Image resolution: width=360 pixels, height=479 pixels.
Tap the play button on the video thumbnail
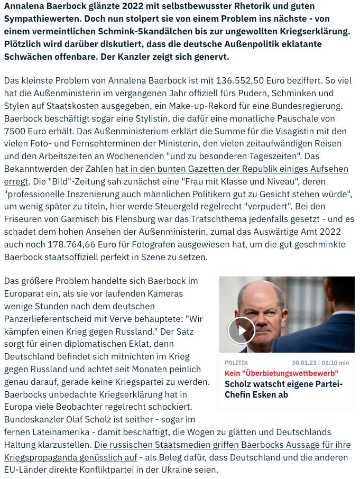241,330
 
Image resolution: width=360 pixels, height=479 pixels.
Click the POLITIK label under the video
236,363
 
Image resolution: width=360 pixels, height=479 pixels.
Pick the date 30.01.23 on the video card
305,363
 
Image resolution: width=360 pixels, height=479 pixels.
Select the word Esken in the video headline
275,394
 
